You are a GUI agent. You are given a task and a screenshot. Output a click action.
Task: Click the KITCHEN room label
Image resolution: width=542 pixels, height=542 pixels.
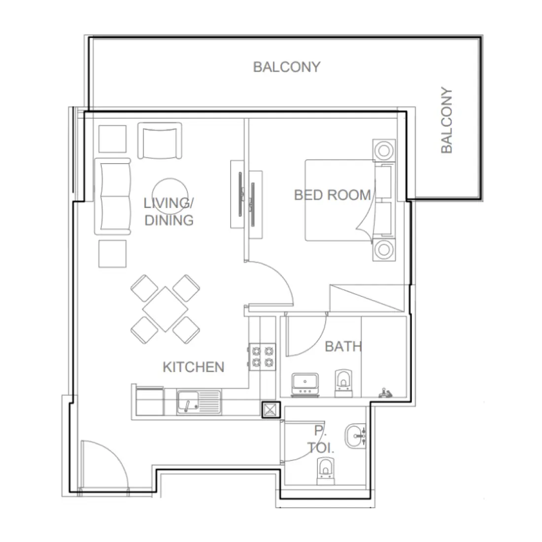click(193, 367)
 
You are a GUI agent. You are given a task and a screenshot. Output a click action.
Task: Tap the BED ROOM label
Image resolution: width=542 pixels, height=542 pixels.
click(332, 195)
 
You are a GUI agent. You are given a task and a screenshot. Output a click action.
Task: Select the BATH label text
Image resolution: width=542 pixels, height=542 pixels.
click(343, 347)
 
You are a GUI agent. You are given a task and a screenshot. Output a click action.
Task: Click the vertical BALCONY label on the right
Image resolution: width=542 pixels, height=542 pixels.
click(446, 121)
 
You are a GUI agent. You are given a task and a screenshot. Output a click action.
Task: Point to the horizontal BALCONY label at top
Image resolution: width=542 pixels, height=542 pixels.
click(287, 67)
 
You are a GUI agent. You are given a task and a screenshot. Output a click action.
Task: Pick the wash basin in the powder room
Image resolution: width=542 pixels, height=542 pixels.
click(356, 436)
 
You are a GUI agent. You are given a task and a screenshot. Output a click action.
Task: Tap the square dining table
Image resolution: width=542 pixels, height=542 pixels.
click(165, 309)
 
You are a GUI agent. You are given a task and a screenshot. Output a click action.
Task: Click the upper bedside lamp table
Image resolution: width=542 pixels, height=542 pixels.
click(384, 150)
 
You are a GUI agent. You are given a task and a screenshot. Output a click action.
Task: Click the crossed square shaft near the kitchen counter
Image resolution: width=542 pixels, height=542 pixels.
click(270, 410)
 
